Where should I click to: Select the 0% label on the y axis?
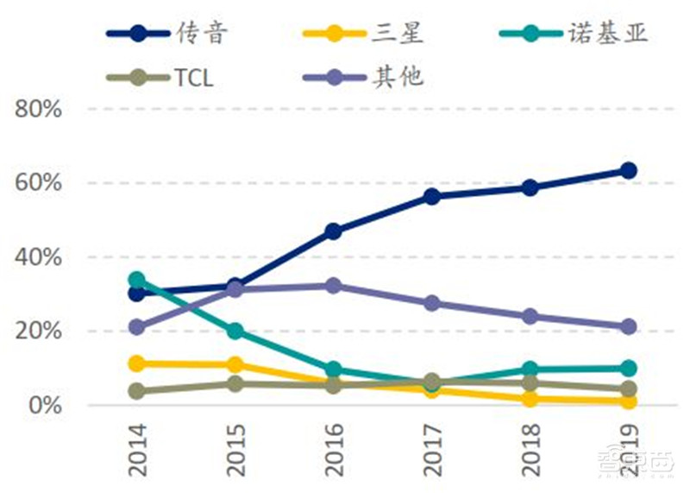pyautogui.click(x=44, y=405)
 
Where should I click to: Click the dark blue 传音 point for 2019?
pyautogui.click(x=629, y=170)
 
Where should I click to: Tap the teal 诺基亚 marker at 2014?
pyautogui.click(x=136, y=280)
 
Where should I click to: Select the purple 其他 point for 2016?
pyautogui.click(x=333, y=286)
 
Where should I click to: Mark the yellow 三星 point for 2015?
pyautogui.click(x=235, y=365)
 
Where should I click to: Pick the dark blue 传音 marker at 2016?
pyautogui.click(x=333, y=231)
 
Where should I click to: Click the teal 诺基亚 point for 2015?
pyautogui.click(x=235, y=332)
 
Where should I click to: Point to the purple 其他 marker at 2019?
pyautogui.click(x=629, y=326)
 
